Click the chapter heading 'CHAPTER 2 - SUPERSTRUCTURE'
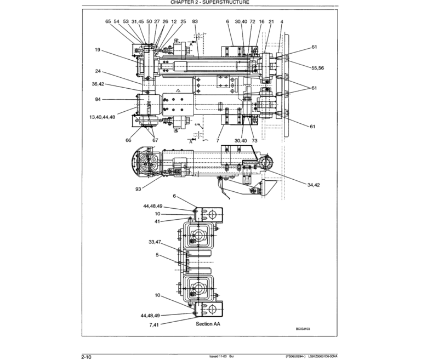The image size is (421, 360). click(x=210, y=3)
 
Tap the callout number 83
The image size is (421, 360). click(x=195, y=21)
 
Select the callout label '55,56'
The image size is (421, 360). click(x=318, y=68)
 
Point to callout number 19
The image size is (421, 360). click(x=97, y=50)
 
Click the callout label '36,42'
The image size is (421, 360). click(x=98, y=84)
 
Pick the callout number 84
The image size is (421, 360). click(x=98, y=99)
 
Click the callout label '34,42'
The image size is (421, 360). click(x=314, y=185)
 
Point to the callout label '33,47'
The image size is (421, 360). click(x=155, y=242)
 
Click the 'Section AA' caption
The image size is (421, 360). click(x=208, y=324)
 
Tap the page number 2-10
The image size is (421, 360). click(x=86, y=357)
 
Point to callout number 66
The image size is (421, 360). click(x=128, y=140)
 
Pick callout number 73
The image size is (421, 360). click(x=254, y=140)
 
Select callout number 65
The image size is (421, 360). click(x=108, y=21)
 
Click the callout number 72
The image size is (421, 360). click(x=252, y=21)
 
